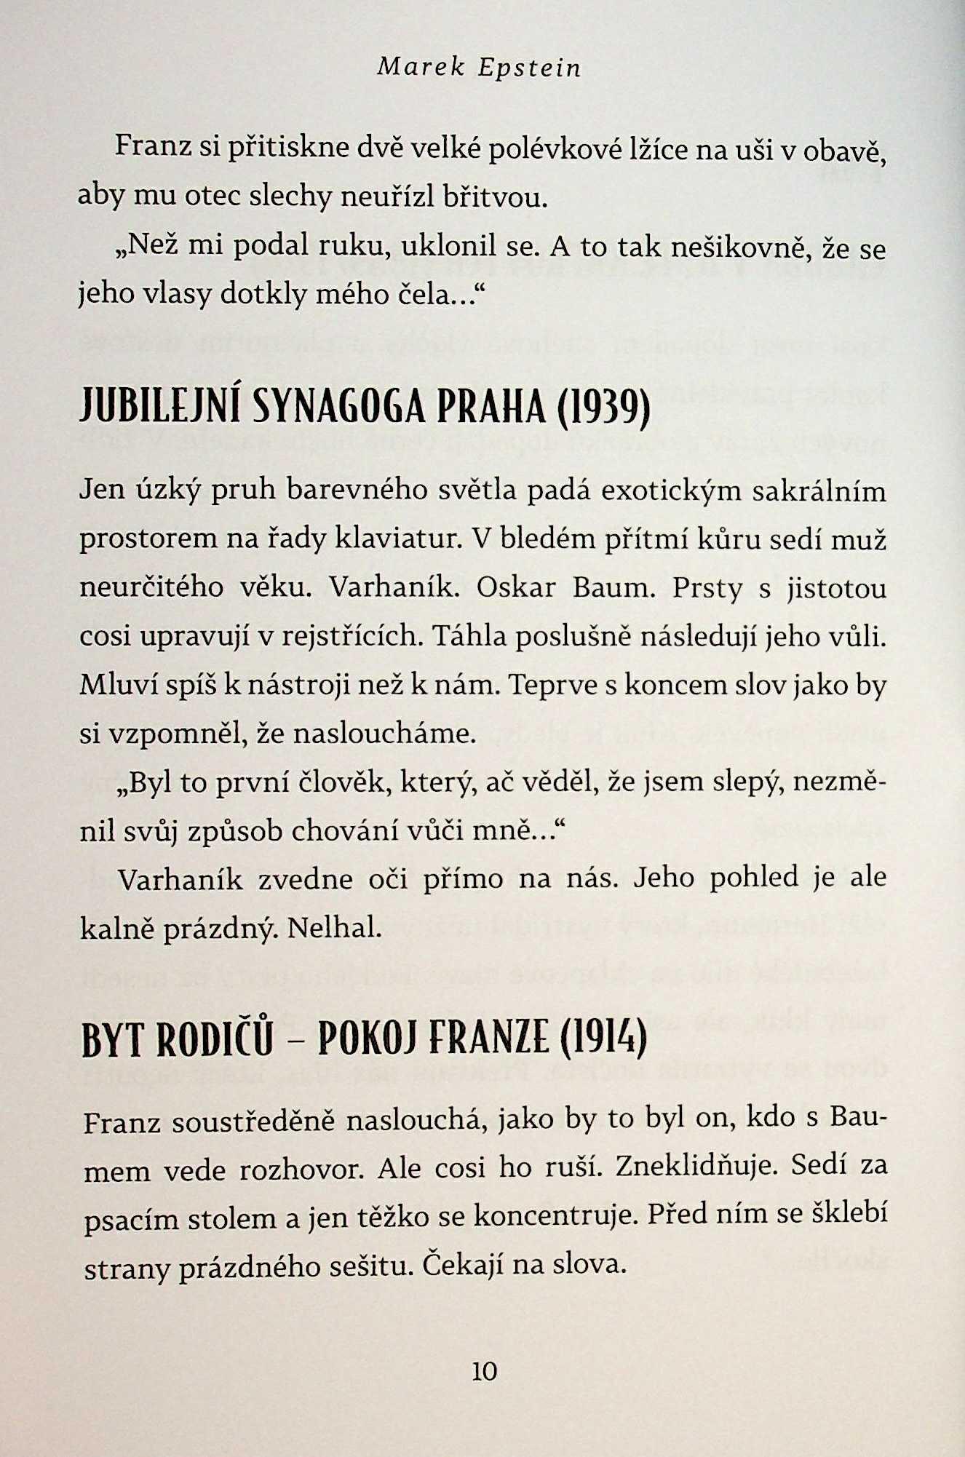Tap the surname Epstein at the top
click(530, 68)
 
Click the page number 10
click(484, 1371)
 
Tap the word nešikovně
click(739, 247)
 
